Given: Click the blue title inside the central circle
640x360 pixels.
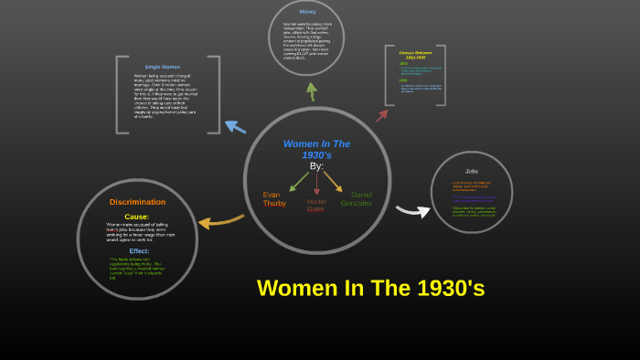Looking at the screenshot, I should click(316, 149).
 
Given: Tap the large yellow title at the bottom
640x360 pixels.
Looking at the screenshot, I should click(370, 288).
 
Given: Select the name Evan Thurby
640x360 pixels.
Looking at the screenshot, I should click(274, 199).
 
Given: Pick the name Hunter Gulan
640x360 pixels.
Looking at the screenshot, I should click(316, 205).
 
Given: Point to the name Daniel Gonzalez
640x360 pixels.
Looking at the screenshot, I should click(357, 198).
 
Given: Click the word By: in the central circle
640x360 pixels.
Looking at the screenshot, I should click(316, 166).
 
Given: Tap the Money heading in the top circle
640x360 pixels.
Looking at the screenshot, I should click(307, 12).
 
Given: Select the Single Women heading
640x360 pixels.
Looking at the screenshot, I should click(163, 67).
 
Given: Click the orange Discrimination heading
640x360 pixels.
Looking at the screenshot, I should click(137, 202).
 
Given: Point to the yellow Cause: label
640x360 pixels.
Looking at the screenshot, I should click(136, 217).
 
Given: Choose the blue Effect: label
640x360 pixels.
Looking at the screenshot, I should click(139, 250).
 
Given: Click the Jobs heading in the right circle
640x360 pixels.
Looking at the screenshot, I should click(472, 171).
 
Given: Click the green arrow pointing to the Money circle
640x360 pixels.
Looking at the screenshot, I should click(312, 90).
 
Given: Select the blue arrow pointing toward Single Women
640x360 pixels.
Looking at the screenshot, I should click(235, 126).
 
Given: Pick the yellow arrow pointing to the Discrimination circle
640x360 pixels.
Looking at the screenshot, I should click(220, 221).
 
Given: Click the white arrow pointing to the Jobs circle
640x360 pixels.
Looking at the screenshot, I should click(412, 211).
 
